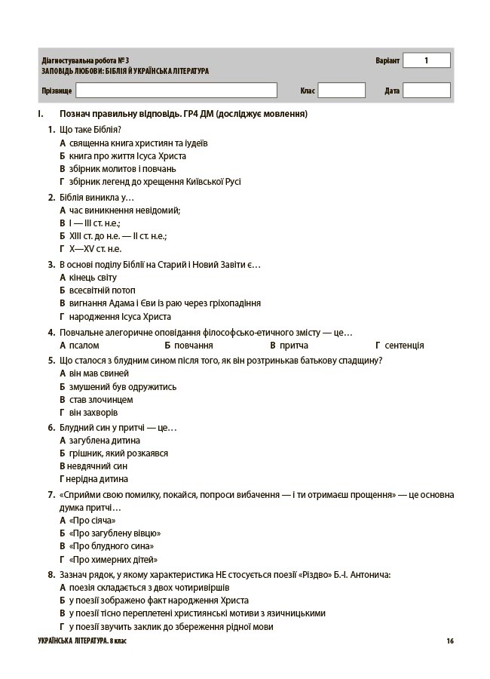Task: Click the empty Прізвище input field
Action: (184, 91)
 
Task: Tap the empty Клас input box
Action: (341, 91)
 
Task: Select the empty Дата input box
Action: (426, 91)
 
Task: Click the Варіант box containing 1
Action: (426, 60)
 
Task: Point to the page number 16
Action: (449, 641)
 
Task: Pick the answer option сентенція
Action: (404, 346)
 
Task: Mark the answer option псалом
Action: (84, 346)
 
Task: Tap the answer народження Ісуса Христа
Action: (120, 317)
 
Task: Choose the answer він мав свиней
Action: (99, 373)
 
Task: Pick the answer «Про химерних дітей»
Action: (113, 560)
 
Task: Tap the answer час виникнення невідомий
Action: (124, 210)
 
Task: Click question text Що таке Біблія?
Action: (90, 129)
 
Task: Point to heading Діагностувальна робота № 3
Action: (86, 60)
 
